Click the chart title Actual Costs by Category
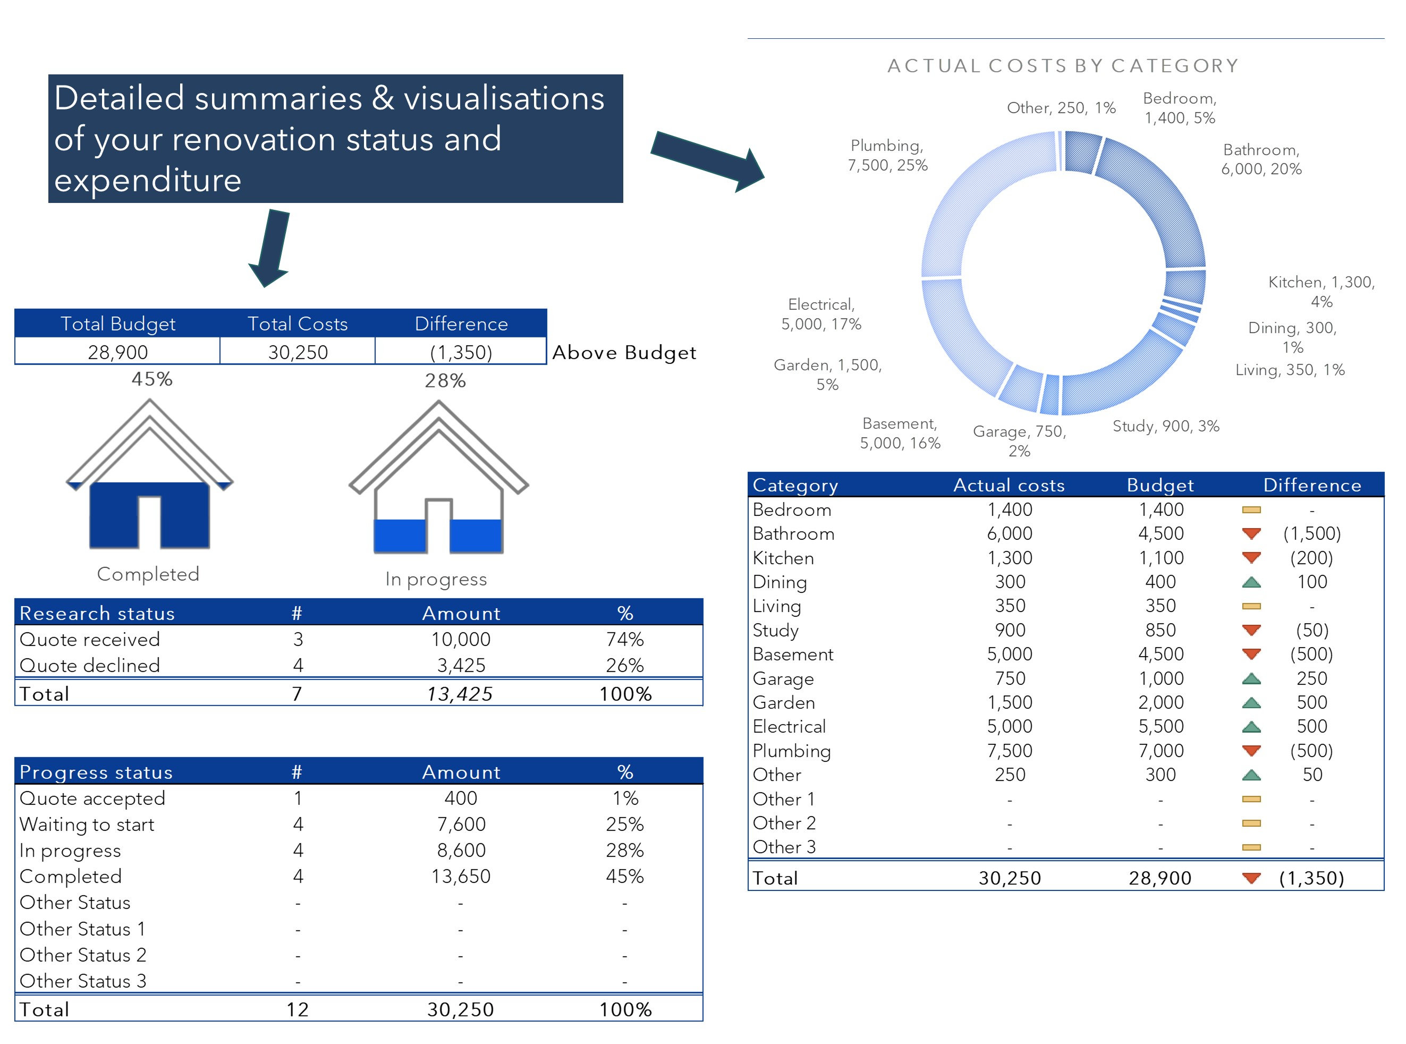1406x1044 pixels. click(x=1062, y=66)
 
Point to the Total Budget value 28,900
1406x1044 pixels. click(x=117, y=352)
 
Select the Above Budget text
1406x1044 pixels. click(x=624, y=353)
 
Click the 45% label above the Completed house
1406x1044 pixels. click(x=151, y=379)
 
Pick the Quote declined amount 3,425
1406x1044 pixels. click(x=461, y=666)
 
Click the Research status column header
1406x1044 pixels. click(x=97, y=613)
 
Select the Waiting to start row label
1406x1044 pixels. click(x=87, y=824)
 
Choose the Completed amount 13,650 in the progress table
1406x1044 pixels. click(x=461, y=877)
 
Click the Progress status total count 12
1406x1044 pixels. click(x=297, y=1009)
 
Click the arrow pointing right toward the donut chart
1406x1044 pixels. click(x=708, y=160)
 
